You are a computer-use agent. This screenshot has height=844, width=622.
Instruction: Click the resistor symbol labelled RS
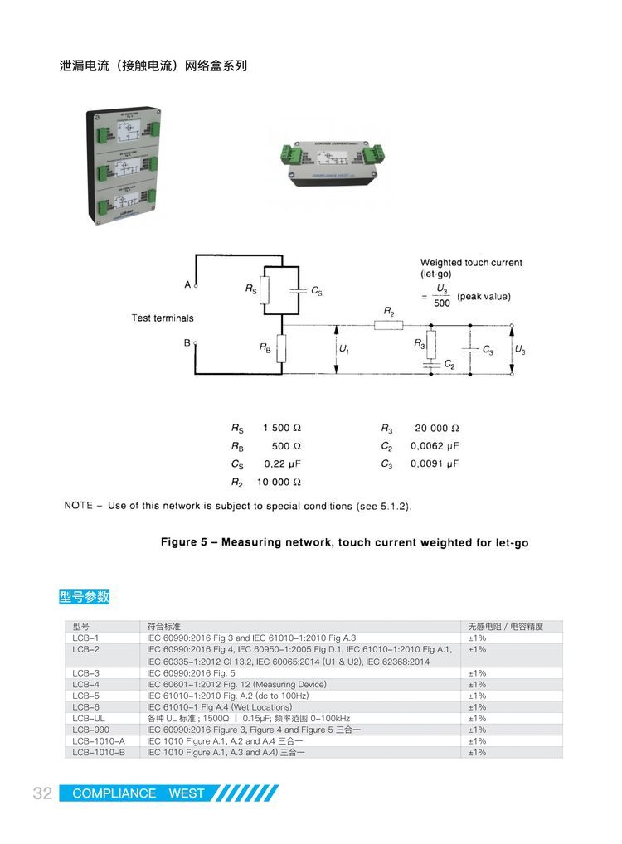(265, 290)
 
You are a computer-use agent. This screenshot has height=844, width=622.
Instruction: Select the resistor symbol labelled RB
(281, 349)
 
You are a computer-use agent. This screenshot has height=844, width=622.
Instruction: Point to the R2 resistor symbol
(388, 326)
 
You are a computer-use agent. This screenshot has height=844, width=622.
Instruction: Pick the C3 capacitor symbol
(469, 351)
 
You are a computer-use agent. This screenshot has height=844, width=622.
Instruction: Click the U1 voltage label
(344, 350)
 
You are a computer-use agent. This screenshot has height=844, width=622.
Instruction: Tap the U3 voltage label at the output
(520, 351)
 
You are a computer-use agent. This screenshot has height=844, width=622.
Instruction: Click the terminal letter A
(187, 284)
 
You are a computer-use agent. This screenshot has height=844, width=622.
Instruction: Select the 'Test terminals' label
(163, 318)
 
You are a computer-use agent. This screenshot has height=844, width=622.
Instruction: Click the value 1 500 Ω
(281, 429)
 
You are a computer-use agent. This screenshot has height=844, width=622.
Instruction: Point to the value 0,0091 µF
(434, 464)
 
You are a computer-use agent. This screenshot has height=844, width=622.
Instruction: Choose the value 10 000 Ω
(278, 482)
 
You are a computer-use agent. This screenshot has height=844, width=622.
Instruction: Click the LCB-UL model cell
(88, 718)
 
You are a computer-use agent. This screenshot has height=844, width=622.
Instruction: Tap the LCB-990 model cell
(89, 730)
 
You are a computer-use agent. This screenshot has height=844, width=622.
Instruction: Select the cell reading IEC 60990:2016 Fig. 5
(192, 673)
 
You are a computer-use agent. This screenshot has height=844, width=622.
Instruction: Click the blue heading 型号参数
(85, 597)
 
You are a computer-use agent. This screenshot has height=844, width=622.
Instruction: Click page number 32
(42, 793)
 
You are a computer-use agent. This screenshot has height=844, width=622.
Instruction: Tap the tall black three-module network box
(122, 165)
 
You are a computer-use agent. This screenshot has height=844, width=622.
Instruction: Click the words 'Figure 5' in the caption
(184, 543)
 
